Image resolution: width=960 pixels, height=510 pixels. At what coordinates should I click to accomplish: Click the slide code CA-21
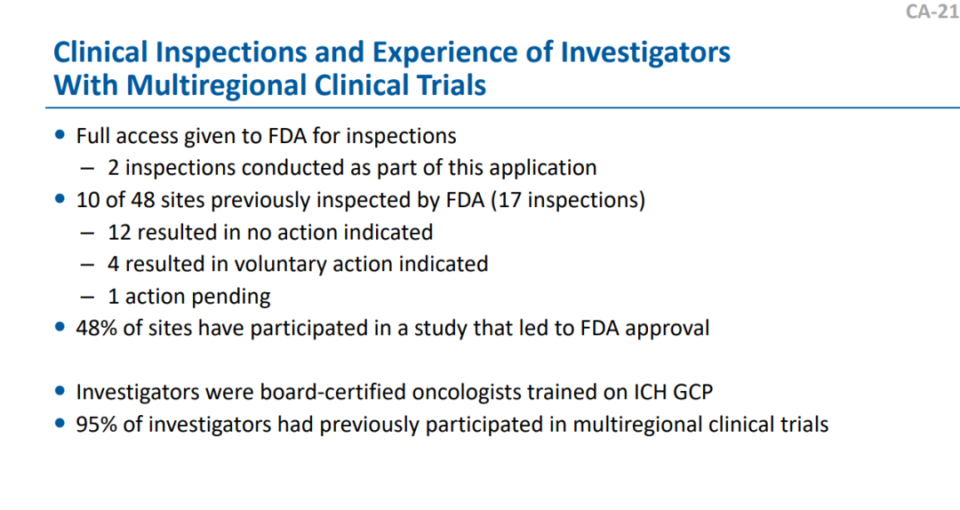(x=932, y=11)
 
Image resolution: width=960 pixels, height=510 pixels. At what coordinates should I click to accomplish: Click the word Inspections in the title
(x=231, y=53)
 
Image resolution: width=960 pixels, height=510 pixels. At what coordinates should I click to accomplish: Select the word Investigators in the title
(x=645, y=53)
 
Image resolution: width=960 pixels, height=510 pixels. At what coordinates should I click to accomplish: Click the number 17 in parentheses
(x=508, y=200)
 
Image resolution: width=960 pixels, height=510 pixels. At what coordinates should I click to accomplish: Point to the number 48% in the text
(x=96, y=328)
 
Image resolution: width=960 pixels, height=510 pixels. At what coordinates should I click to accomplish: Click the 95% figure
(x=96, y=425)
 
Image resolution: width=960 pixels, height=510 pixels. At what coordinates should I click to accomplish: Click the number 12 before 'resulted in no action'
(x=119, y=233)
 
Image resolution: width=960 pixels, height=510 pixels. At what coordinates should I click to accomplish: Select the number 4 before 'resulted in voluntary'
(x=113, y=265)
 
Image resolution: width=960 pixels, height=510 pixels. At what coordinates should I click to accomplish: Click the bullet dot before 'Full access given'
(x=60, y=135)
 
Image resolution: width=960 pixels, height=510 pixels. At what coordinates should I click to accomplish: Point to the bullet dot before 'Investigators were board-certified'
(x=60, y=391)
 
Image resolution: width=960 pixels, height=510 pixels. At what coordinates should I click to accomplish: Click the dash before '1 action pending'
(x=87, y=298)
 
